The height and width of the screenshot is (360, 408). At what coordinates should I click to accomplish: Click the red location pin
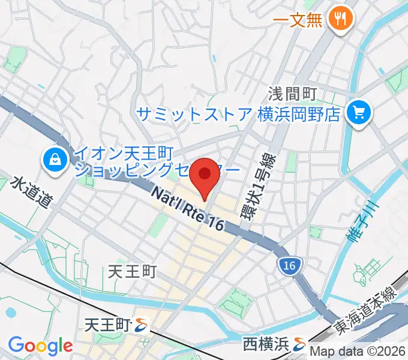coord(205,176)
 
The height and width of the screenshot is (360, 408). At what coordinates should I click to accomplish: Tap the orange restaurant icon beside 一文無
coord(341,19)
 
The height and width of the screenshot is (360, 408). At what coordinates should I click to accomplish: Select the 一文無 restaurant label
coord(298,19)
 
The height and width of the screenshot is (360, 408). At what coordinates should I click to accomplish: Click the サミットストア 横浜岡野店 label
coord(238,113)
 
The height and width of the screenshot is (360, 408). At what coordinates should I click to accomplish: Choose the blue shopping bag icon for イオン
coord(55,159)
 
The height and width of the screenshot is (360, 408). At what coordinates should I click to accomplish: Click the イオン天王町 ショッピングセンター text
coord(156,162)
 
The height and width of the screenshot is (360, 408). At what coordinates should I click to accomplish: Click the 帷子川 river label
coord(363,221)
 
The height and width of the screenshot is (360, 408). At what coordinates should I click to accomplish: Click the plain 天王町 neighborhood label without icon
coord(132,272)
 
